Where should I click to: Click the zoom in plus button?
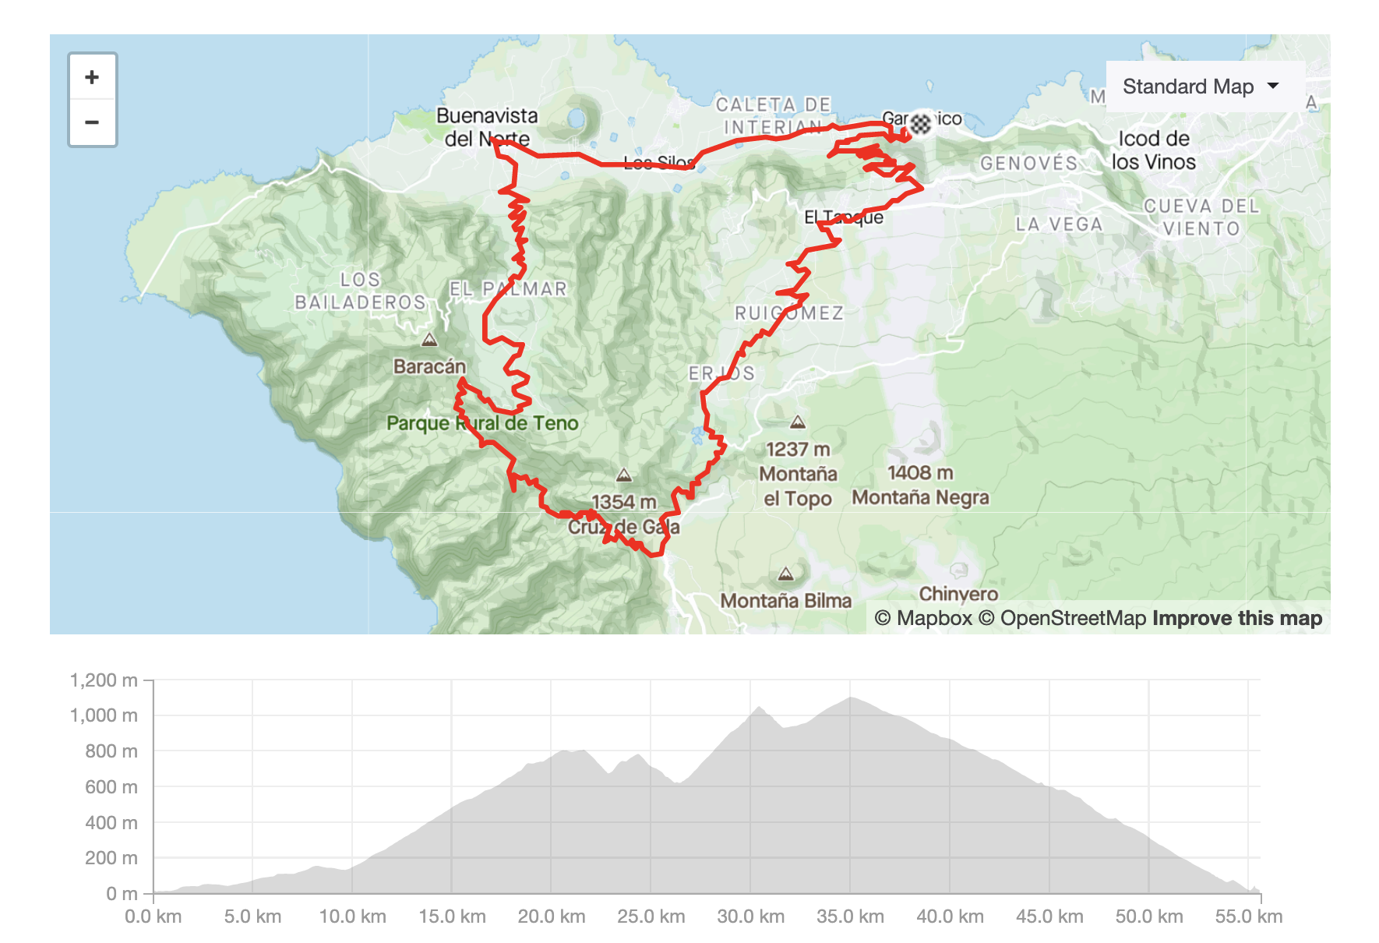coord(92,77)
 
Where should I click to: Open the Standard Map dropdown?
coord(1201,87)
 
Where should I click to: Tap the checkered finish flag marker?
coord(921,123)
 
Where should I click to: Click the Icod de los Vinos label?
coord(1153,150)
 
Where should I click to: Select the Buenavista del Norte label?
coord(487,127)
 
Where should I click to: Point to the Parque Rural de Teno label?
coord(482,423)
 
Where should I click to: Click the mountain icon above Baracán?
coord(429,340)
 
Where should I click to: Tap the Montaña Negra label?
coord(920,497)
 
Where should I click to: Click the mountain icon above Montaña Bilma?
coord(785,574)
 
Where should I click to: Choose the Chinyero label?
coord(958,594)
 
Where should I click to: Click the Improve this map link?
coord(1237,618)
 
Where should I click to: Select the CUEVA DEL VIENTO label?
coord(1201,217)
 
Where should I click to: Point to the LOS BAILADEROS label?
coord(360,291)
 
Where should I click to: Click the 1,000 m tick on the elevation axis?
coord(104,715)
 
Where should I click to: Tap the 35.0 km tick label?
coord(850,917)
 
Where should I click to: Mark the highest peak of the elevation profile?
coord(851,698)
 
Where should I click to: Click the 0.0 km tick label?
coord(153,917)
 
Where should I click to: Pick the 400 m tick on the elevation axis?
coord(111,822)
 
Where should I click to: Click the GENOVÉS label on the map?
coord(1028,164)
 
